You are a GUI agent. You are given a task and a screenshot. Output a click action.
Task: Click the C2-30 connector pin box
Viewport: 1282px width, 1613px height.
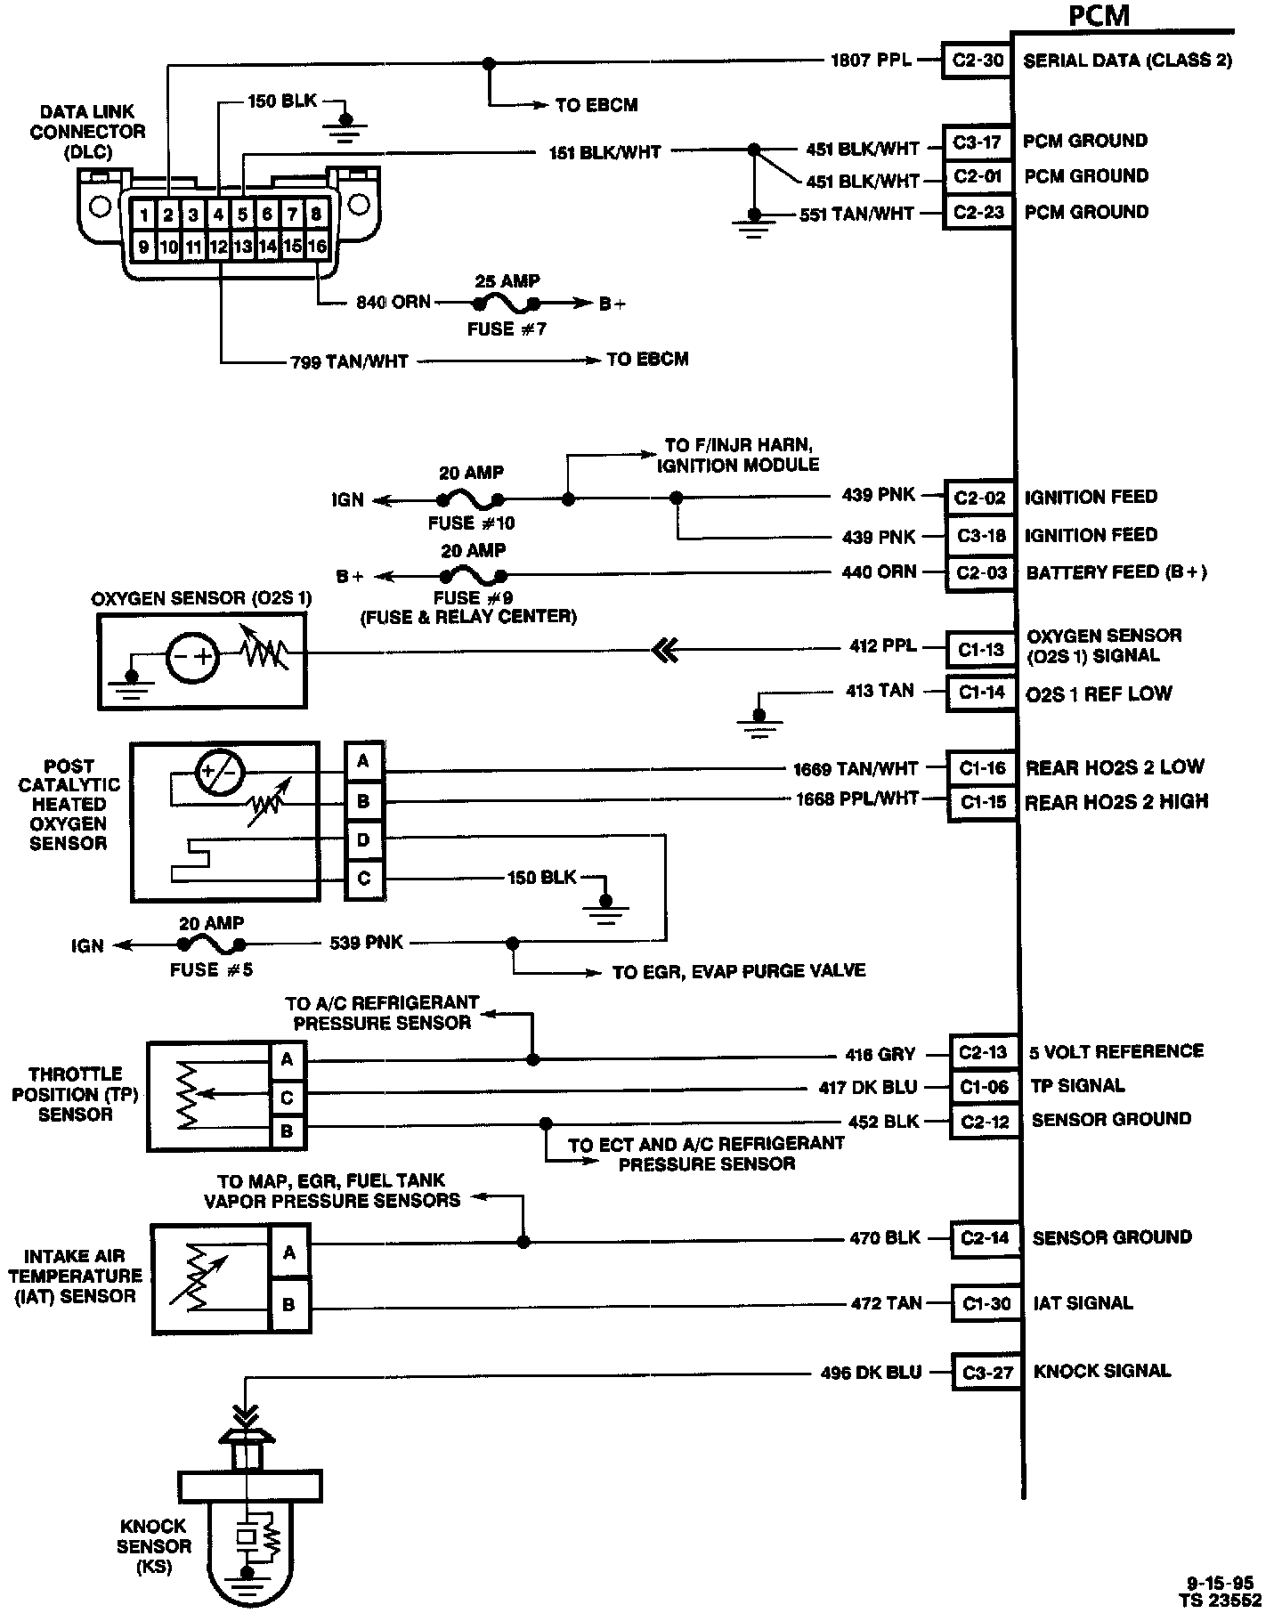point(977,61)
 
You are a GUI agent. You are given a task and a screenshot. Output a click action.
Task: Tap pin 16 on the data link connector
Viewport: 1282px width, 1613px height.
point(317,247)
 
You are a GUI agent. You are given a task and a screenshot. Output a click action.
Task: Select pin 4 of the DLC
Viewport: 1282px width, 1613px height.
point(218,215)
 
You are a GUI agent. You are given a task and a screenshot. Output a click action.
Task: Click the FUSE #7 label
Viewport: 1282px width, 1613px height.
point(507,329)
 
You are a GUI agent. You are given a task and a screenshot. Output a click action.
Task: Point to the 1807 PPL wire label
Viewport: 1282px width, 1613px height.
point(871,61)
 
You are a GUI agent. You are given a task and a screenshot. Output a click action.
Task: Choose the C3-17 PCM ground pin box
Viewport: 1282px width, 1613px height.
point(977,142)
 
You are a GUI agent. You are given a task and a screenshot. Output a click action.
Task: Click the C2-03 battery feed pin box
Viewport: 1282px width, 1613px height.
point(980,572)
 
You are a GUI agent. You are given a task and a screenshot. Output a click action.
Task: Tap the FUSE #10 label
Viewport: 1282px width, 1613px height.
point(471,523)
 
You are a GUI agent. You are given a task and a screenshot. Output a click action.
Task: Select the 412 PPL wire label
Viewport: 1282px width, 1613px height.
point(882,646)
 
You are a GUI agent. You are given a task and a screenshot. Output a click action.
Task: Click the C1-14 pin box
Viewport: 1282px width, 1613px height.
point(981,693)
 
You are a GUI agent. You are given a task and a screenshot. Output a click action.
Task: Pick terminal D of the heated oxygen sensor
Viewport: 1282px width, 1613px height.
point(363,840)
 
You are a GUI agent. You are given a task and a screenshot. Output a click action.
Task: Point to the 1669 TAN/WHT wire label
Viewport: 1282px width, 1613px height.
point(856,768)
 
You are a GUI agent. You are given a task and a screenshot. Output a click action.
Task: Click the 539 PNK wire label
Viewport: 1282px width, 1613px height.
point(366,943)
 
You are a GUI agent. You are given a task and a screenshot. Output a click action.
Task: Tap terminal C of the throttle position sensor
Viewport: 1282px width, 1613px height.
point(287,1098)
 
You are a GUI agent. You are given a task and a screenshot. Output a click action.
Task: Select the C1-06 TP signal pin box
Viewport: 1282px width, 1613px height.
point(984,1087)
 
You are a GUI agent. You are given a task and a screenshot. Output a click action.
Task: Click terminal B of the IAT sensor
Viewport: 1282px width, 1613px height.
point(288,1306)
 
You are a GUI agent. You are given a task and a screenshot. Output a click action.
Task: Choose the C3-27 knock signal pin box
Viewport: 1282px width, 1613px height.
point(987,1373)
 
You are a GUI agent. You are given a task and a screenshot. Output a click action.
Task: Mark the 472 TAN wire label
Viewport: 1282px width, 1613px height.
point(885,1303)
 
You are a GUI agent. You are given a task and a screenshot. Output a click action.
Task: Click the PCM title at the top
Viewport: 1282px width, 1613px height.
point(1099,17)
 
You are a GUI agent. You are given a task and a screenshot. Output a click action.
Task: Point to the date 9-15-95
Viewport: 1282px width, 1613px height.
point(1220,1583)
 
